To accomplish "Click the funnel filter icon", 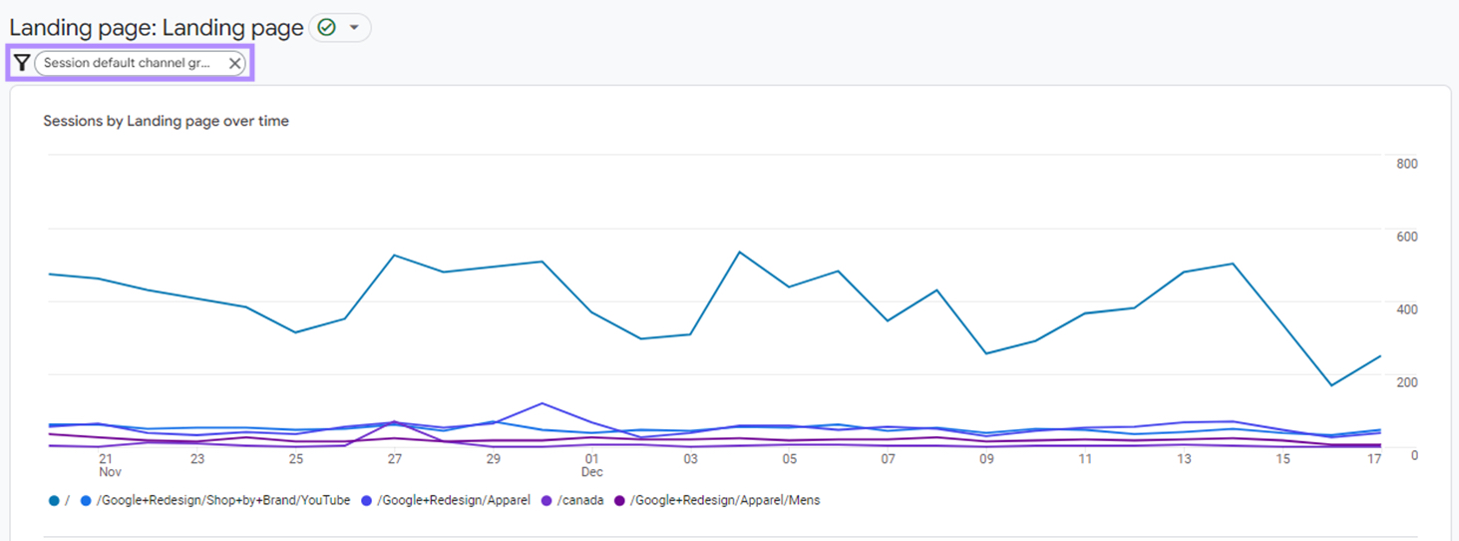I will click(x=22, y=63).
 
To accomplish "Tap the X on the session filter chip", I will click(x=234, y=63).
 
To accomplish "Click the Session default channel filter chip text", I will click(x=128, y=63).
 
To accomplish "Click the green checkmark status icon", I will click(x=326, y=28).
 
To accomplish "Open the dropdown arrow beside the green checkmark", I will click(x=354, y=28).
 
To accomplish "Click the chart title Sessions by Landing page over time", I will click(x=166, y=121).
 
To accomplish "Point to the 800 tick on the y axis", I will click(x=1406, y=164).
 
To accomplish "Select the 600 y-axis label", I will click(x=1406, y=237).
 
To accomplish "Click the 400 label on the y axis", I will click(x=1406, y=309).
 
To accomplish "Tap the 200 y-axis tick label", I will click(x=1406, y=382).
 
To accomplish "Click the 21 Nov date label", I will click(x=107, y=465).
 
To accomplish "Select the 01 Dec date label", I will click(x=591, y=465).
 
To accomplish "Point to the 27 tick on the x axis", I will click(x=395, y=459).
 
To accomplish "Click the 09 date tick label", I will click(x=986, y=459).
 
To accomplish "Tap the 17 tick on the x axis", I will click(x=1374, y=459).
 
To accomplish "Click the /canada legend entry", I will click(x=581, y=500).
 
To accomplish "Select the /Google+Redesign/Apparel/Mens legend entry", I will click(x=725, y=500).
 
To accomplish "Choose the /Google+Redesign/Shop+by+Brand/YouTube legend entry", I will click(x=223, y=500).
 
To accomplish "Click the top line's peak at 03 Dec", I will click(x=739, y=252).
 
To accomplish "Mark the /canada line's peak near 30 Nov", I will click(x=542, y=403).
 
